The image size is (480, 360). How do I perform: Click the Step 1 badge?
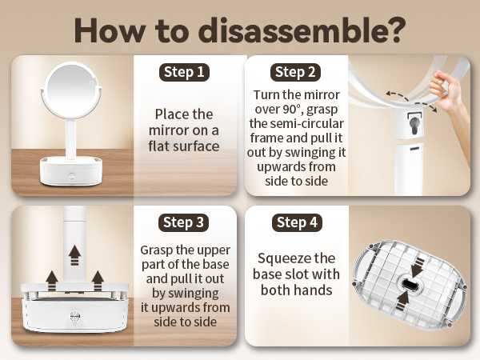click(x=184, y=72)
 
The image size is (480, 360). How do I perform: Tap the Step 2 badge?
click(x=295, y=72)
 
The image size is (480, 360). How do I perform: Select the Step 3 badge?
click(x=184, y=222)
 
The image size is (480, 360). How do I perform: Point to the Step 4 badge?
click(x=297, y=222)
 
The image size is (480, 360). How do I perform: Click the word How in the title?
click(x=110, y=30)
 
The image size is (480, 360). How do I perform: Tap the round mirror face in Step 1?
click(x=71, y=90)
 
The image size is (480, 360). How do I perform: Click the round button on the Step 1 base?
click(x=72, y=177)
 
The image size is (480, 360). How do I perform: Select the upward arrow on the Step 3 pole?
click(x=74, y=255)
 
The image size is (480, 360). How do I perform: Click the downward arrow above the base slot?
click(x=418, y=266)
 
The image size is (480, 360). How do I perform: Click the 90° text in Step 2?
click(x=294, y=110)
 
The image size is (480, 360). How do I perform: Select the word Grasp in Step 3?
click(x=157, y=250)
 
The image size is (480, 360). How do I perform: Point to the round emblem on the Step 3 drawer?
click(x=75, y=316)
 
